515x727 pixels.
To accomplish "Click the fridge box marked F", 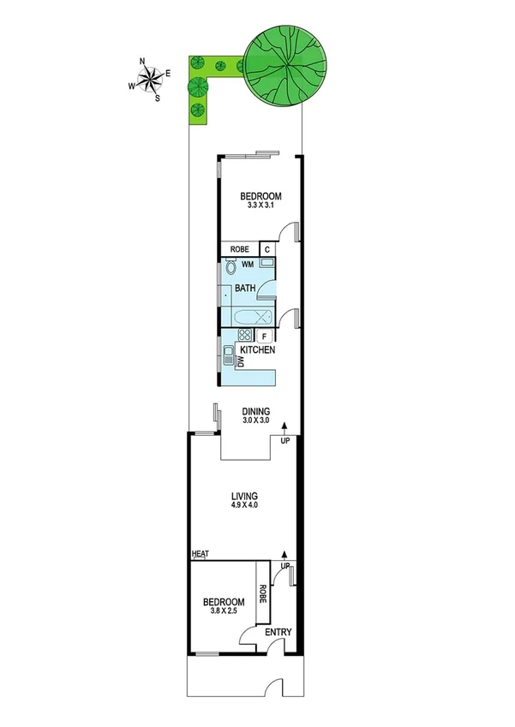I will [x=265, y=336].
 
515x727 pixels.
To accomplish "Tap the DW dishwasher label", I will [x=241, y=363].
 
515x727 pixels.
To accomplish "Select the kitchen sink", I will [x=229, y=355].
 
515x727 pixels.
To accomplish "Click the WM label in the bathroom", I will [x=247, y=265].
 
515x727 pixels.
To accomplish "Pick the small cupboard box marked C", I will [x=267, y=249].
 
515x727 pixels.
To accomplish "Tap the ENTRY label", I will [x=278, y=633].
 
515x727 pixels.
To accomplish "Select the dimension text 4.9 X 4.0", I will [x=244, y=505].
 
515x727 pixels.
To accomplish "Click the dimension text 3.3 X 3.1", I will [x=260, y=206].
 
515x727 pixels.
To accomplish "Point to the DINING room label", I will [x=255, y=410].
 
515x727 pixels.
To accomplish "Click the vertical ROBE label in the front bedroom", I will [x=263, y=593].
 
